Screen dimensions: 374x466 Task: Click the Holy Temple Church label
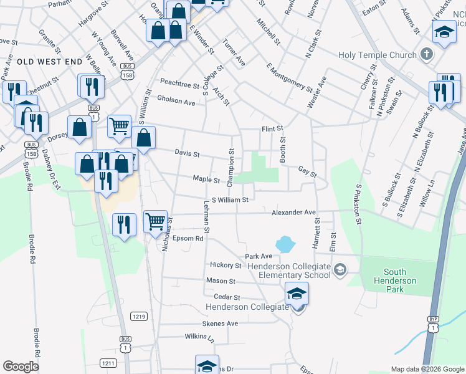377,55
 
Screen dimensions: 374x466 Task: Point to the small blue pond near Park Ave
284,243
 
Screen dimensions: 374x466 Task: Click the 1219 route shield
138,317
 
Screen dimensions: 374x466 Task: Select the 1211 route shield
108,363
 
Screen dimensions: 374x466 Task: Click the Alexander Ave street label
293,213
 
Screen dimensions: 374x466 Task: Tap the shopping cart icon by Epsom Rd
155,221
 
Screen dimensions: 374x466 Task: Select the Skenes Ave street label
220,324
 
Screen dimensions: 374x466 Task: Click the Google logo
21,367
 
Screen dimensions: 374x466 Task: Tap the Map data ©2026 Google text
427,369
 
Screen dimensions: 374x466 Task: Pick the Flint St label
272,129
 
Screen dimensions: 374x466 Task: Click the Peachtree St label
179,82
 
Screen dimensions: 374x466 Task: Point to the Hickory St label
226,265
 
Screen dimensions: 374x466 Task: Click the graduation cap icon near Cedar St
297,292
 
